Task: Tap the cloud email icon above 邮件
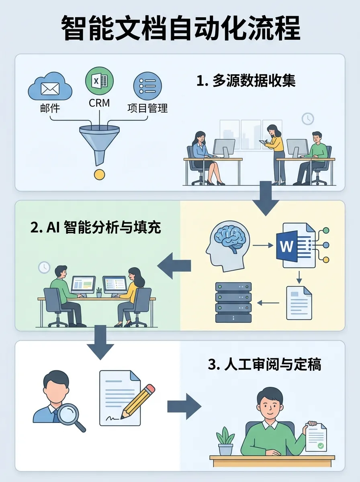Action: [50, 88]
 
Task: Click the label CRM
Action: [99, 103]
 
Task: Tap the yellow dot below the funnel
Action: [99, 174]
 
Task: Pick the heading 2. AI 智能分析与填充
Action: [96, 228]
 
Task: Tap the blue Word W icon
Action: [287, 245]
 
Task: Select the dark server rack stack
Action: [233, 302]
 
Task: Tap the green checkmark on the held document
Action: [320, 446]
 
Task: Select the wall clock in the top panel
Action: [308, 118]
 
